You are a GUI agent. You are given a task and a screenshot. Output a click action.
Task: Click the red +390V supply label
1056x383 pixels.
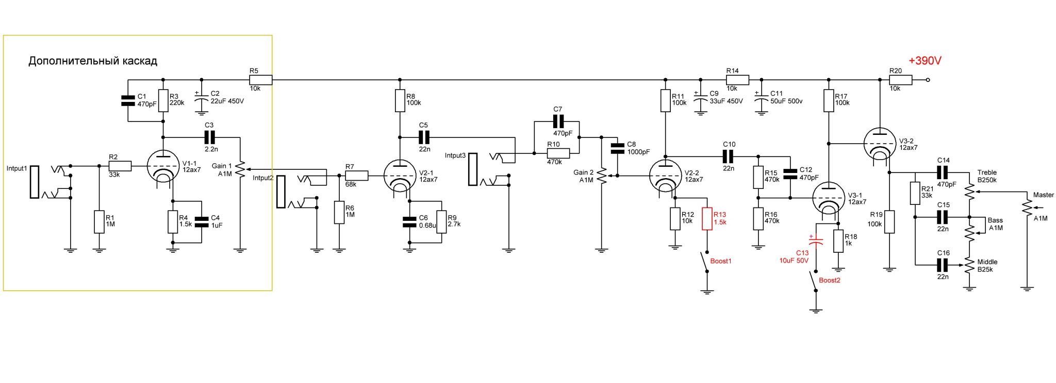(x=925, y=61)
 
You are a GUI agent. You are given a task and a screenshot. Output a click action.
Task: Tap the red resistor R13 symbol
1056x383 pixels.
(x=707, y=218)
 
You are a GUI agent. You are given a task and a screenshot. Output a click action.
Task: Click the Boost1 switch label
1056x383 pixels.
(x=721, y=261)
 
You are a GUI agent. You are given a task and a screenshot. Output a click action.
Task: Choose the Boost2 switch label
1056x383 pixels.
(x=830, y=281)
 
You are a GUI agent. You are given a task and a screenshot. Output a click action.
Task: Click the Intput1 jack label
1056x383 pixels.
(x=16, y=168)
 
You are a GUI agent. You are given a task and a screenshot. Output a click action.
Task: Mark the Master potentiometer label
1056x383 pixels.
(x=1044, y=195)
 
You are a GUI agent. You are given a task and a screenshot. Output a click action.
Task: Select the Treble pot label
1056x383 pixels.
(x=987, y=172)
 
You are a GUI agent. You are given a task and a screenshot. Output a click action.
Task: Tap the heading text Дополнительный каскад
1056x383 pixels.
(x=93, y=61)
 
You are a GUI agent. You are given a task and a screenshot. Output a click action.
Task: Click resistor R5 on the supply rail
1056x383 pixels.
(x=260, y=80)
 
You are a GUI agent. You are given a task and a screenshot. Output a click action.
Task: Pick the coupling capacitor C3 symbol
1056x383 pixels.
(x=209, y=137)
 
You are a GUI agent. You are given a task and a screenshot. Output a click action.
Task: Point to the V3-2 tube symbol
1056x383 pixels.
(x=879, y=144)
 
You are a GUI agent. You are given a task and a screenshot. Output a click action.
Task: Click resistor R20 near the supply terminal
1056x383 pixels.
(x=901, y=80)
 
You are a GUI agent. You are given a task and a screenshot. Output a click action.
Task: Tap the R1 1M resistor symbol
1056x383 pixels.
(x=100, y=221)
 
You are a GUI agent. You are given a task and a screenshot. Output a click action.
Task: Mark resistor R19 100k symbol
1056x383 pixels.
(x=889, y=222)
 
